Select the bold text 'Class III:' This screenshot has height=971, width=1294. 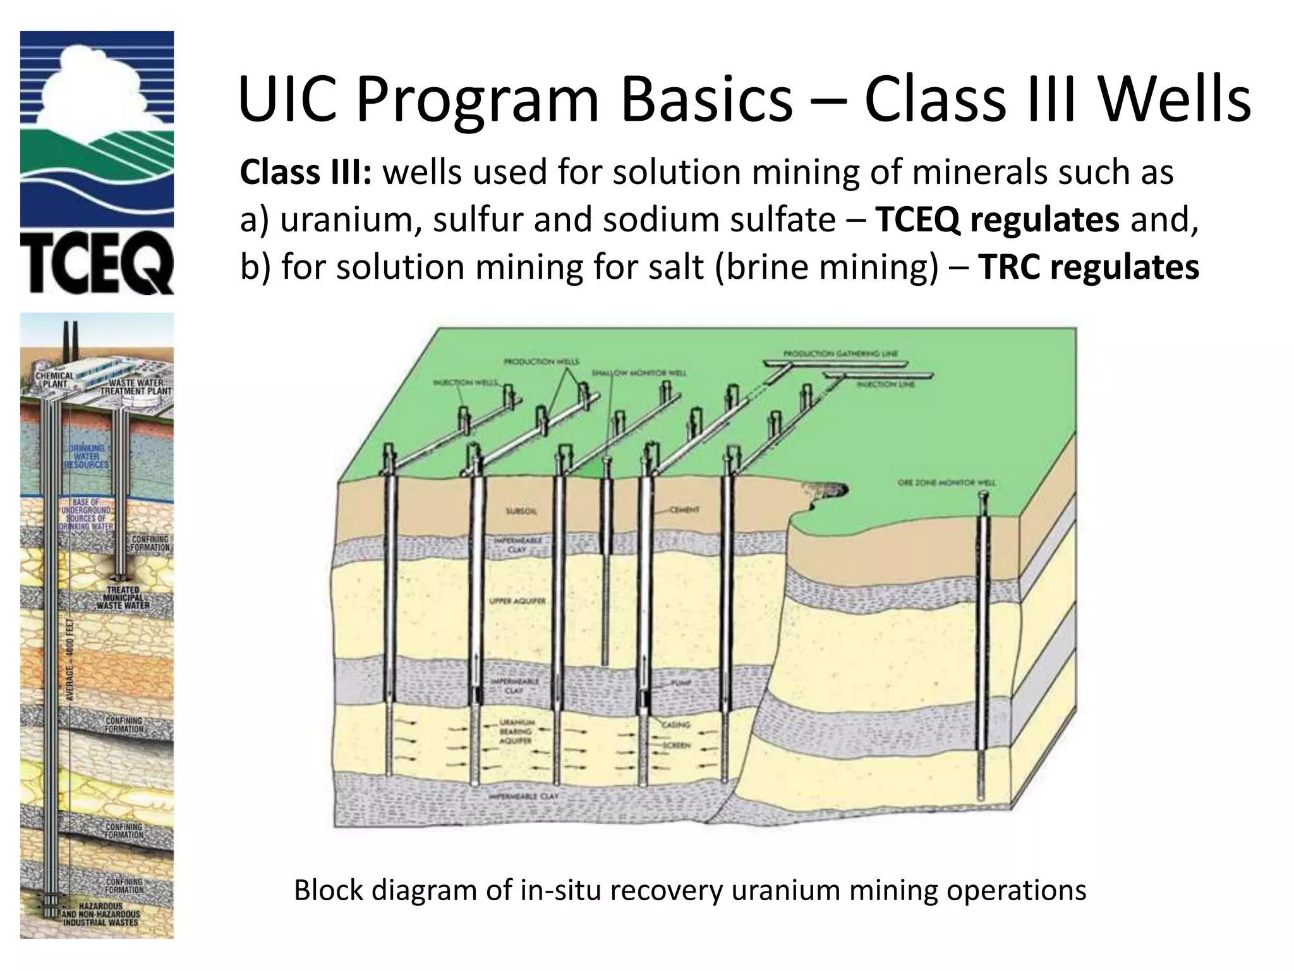305,172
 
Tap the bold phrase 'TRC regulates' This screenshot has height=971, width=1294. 1088,267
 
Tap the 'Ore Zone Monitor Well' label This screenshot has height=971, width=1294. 946,482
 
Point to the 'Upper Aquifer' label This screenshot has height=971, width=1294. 517,601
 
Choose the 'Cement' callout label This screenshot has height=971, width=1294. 685,510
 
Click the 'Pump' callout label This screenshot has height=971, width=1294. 682,683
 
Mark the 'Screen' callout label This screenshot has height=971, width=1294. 676,745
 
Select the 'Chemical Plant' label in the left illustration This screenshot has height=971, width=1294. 54,379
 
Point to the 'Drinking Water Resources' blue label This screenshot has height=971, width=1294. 87,456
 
